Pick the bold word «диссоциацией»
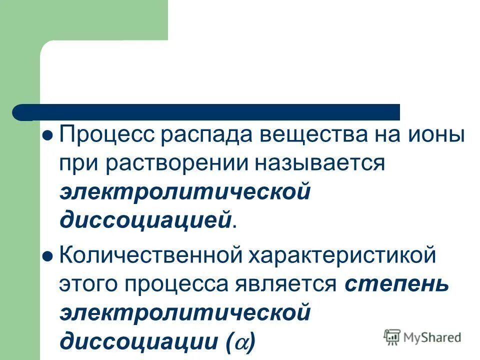pyautogui.click(x=146, y=220)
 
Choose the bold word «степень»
pyautogui.click(x=396, y=285)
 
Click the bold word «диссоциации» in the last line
pyautogui.click(x=138, y=342)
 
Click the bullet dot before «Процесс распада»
pyautogui.click(x=48, y=136)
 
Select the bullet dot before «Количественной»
pyautogui.click(x=48, y=256)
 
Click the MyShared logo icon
pyautogui.click(x=392, y=337)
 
